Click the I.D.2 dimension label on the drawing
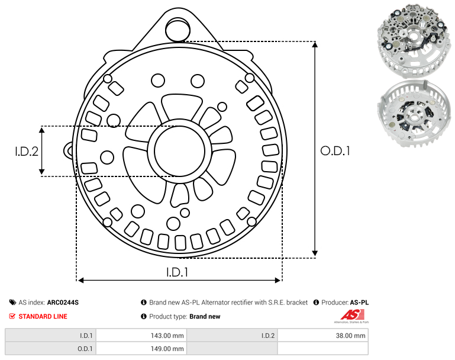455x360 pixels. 27,152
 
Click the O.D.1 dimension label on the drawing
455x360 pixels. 335,151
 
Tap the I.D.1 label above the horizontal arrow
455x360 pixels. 178,272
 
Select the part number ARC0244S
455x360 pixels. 63,303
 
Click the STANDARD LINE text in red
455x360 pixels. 43,316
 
